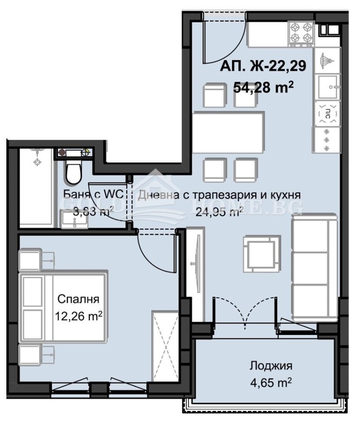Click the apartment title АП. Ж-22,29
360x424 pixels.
pyautogui.click(x=263, y=66)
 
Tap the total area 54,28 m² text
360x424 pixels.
pyautogui.click(x=263, y=87)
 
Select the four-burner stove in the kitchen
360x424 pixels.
pyautogui.click(x=301, y=32)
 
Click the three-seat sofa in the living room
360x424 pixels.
pyautogui.click(x=314, y=265)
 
